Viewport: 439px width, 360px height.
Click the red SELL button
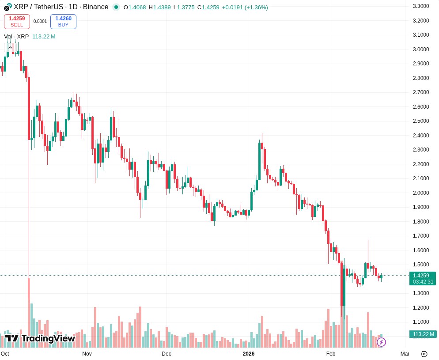click(17, 22)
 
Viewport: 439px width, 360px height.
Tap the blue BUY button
click(63, 22)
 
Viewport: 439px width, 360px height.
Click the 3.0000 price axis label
click(420, 49)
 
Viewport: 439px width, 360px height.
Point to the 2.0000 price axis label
click(420, 193)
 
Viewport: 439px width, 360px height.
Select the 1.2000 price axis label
click(420, 307)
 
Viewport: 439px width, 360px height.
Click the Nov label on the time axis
click(87, 353)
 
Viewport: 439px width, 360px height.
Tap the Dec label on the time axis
click(167, 353)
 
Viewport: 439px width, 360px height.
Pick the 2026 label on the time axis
click(249, 353)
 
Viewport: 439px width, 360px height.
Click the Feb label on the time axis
click(331, 353)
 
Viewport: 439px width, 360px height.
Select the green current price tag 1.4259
click(423, 276)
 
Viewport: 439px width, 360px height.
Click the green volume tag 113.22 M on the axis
click(423, 334)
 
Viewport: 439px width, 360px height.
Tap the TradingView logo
click(40, 338)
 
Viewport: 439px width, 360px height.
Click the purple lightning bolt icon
click(381, 342)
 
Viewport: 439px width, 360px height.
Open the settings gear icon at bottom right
click(424, 353)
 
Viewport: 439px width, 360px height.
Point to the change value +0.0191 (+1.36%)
click(245, 7)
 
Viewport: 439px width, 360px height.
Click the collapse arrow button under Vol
click(10, 47)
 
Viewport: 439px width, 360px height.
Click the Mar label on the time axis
click(405, 353)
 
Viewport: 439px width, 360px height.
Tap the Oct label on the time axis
click(5, 353)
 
